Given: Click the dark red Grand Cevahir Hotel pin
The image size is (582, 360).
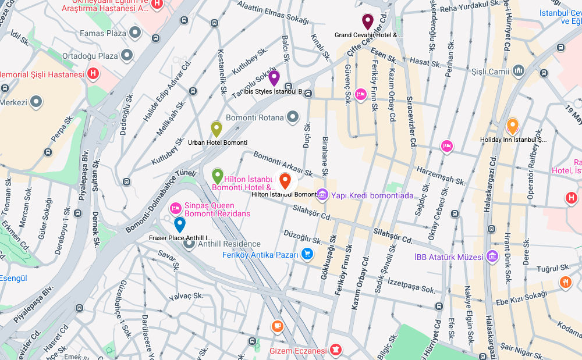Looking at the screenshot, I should click(367, 22).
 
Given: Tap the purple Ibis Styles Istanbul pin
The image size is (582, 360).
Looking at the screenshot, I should click(274, 78).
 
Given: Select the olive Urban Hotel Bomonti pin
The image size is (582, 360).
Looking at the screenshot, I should click(217, 129).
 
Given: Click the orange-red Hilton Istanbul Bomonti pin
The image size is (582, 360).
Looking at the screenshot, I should click(285, 181).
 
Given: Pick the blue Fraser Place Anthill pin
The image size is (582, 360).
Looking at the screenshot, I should click(180, 224).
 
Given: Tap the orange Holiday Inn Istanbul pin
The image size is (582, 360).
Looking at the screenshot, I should click(512, 126).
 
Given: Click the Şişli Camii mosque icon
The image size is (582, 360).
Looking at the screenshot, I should click(519, 72).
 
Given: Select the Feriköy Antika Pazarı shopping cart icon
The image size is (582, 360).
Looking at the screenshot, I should click(308, 254).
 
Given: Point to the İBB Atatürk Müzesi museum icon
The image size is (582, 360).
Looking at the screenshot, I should click(492, 256).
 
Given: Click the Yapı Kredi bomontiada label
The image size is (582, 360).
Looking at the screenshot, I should click(372, 195).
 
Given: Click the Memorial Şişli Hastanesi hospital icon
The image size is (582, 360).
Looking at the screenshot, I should click(93, 74).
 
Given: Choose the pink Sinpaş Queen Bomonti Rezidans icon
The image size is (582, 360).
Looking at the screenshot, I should click(175, 208).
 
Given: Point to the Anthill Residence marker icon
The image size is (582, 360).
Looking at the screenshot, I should click(189, 243).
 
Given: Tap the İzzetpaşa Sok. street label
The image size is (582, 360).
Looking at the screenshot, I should click(411, 286).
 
